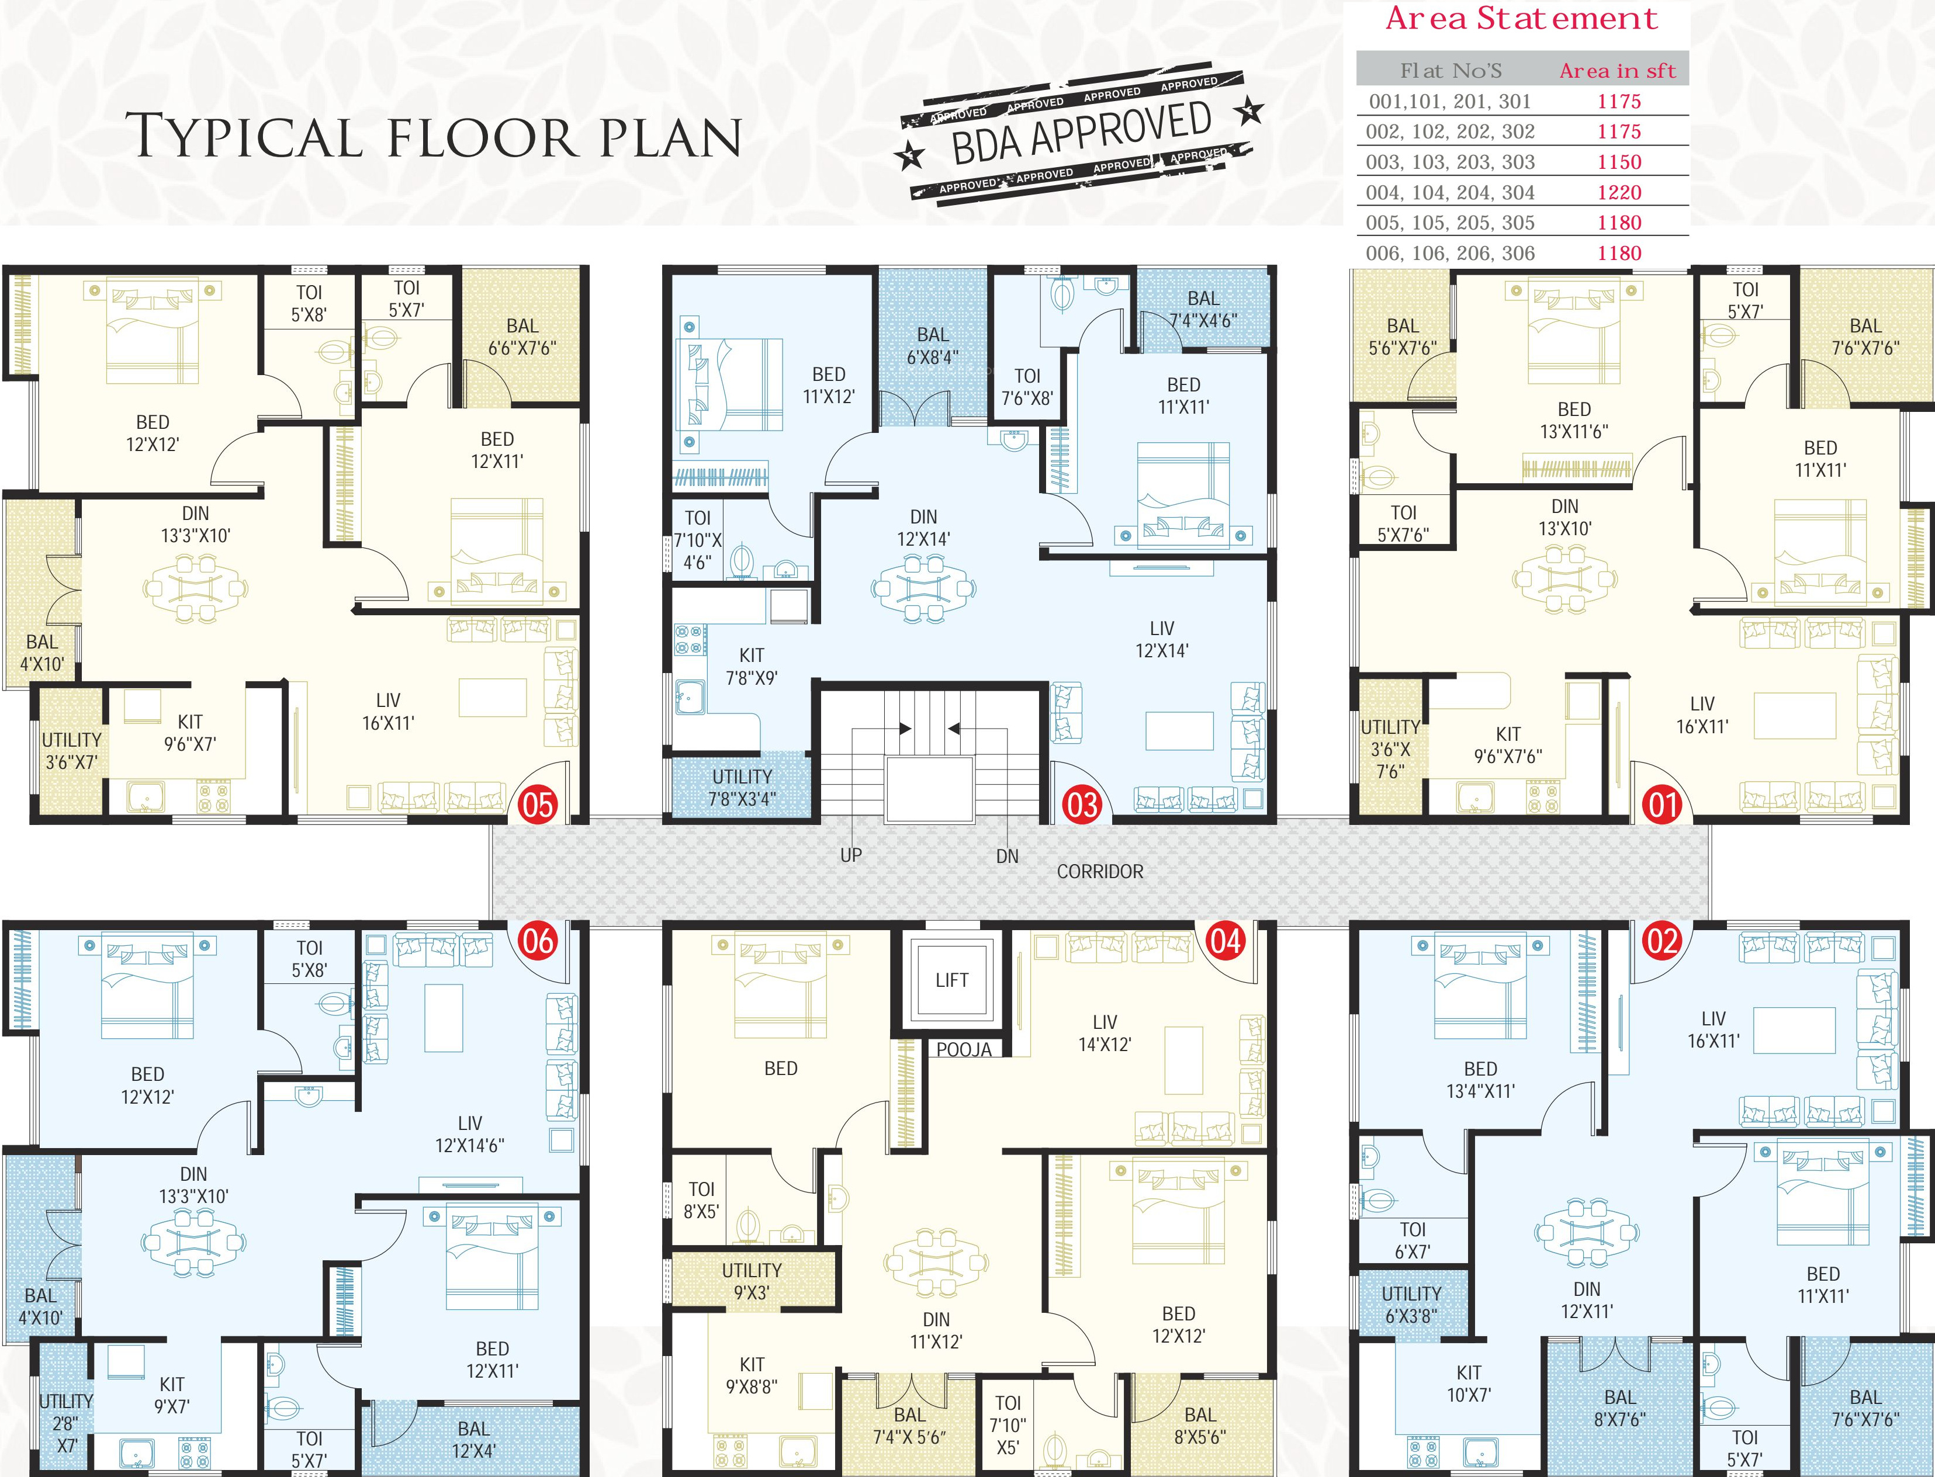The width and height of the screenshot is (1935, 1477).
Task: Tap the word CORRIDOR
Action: click(x=1100, y=871)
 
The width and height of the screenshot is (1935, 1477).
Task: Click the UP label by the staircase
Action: click(x=851, y=855)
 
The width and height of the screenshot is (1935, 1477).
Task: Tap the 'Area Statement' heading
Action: click(x=1521, y=19)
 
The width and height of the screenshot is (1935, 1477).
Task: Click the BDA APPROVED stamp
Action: click(x=1081, y=134)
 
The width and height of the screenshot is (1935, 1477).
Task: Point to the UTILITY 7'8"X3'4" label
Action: click(x=742, y=788)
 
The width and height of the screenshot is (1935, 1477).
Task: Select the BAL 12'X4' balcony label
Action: click(x=473, y=1439)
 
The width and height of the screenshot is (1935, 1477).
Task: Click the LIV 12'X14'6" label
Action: click(x=469, y=1134)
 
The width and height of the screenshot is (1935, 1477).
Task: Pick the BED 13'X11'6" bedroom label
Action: click(x=1574, y=420)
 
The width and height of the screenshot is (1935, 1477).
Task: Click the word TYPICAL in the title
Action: click(x=244, y=137)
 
